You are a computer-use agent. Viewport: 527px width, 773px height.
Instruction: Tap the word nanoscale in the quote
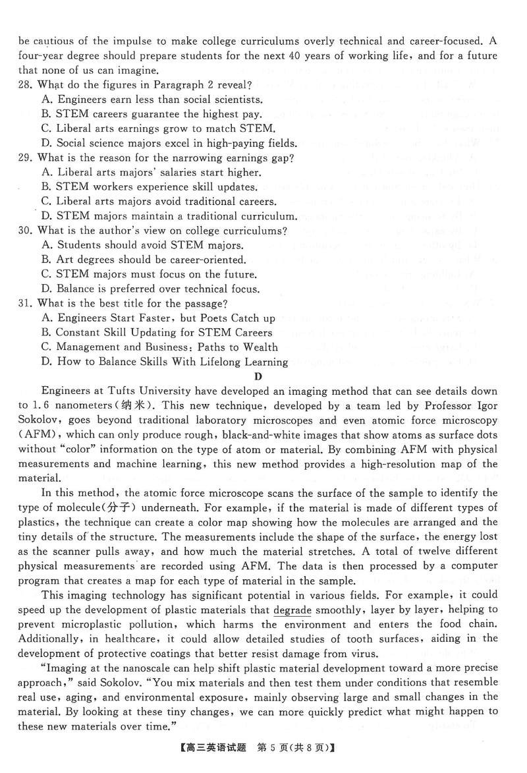click(132, 668)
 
